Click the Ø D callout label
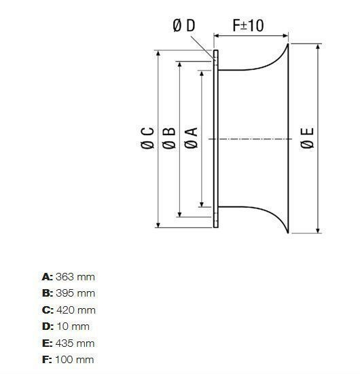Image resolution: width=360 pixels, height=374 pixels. [x=184, y=25]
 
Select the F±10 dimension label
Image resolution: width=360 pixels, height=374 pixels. [x=248, y=25]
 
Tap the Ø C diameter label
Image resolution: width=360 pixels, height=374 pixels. [x=147, y=138]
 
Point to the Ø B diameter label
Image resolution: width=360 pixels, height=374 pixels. [x=169, y=138]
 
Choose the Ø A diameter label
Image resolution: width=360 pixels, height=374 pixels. [x=192, y=138]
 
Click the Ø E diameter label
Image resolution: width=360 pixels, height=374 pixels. [x=307, y=138]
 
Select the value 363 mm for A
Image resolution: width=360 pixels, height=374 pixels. [x=75, y=277]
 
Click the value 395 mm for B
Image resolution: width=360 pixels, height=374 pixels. [x=75, y=293]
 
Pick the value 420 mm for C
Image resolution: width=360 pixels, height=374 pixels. [x=76, y=310]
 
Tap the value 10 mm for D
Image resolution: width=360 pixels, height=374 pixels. [x=73, y=326]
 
